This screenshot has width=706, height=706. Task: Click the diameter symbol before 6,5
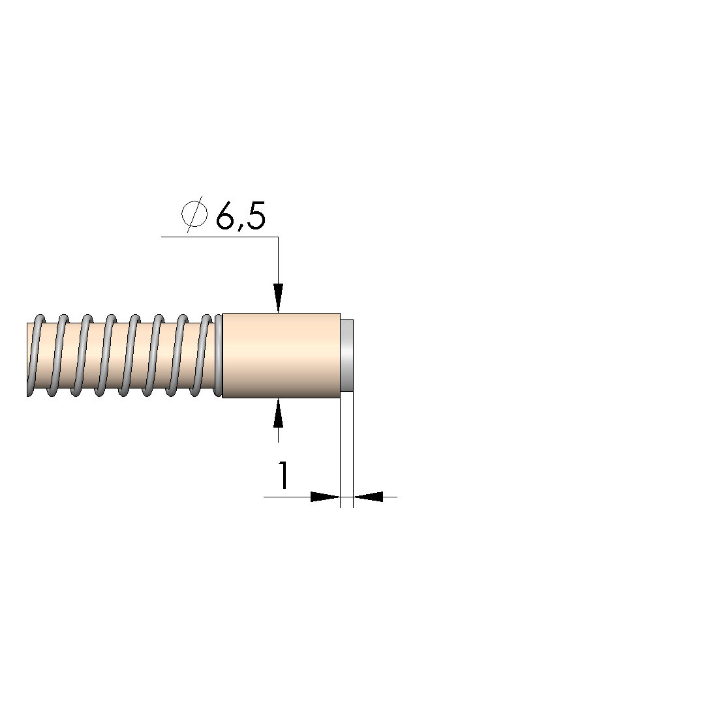[194, 214]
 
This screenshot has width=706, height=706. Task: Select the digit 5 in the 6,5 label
[256, 216]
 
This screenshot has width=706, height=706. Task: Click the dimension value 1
[283, 475]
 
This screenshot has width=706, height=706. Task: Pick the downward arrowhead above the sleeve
[278, 298]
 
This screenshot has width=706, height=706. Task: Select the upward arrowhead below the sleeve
[278, 413]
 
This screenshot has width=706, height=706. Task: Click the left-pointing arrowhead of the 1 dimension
[368, 497]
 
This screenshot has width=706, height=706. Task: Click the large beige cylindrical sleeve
[282, 355]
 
